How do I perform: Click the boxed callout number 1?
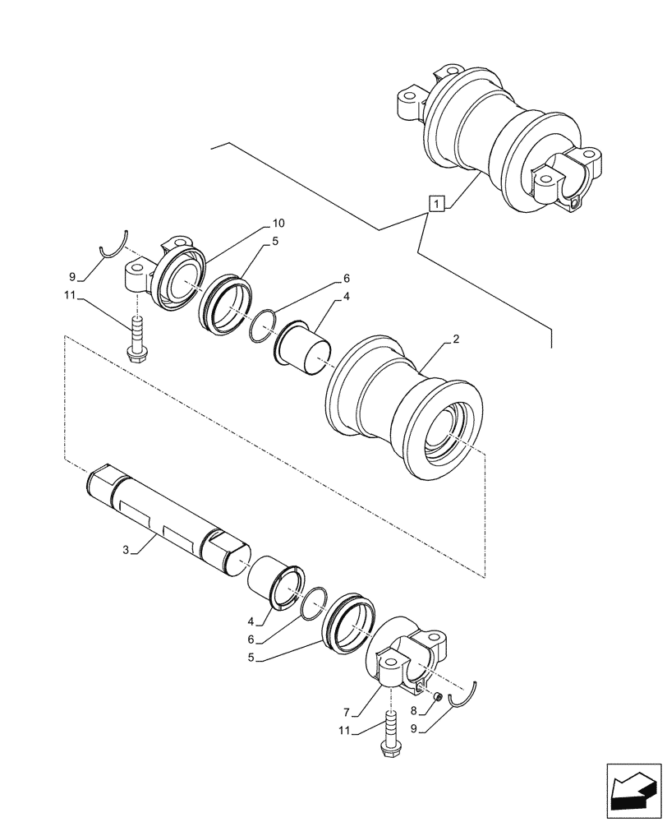(436, 202)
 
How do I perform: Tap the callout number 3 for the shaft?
(126, 549)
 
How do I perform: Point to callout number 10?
(278, 224)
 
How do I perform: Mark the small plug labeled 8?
(438, 697)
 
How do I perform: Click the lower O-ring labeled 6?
(313, 607)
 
